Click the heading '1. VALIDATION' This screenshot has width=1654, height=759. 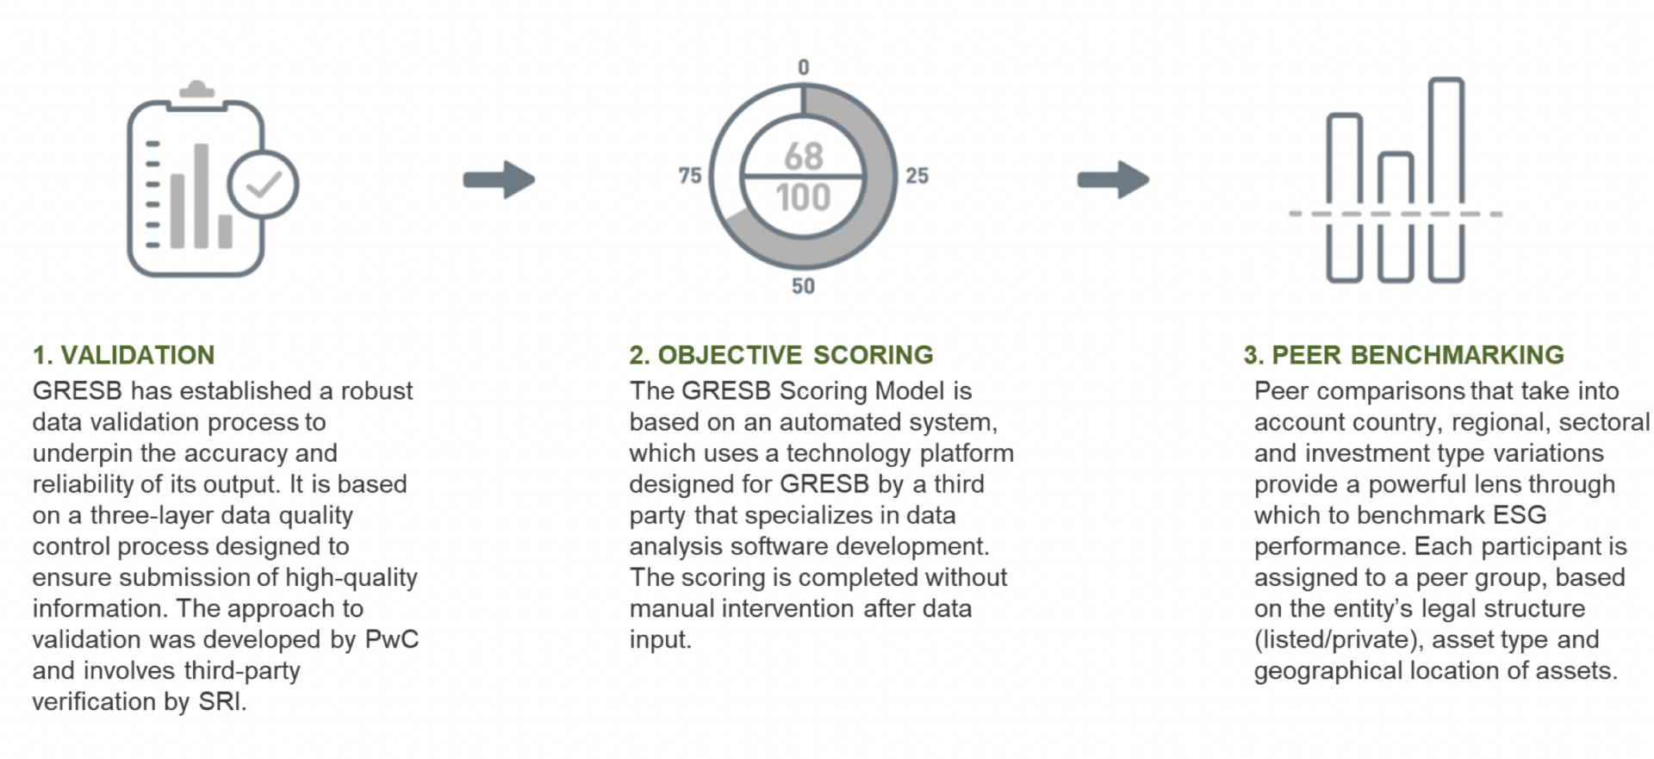tap(123, 355)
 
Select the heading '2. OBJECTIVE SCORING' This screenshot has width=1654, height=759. tap(780, 355)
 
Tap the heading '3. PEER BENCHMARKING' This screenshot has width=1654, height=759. tap(1403, 355)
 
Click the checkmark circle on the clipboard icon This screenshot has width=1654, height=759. tap(264, 184)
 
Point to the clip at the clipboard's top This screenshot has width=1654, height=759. tap(196, 90)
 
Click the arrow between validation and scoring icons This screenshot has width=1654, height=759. tap(499, 179)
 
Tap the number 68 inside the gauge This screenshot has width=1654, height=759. tap(803, 156)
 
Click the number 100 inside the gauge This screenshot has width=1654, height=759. tap(803, 197)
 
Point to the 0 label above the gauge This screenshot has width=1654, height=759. tap(803, 67)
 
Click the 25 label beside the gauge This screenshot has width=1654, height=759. tap(917, 176)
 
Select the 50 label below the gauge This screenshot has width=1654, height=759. tap(803, 286)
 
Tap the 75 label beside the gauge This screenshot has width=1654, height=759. tap(689, 176)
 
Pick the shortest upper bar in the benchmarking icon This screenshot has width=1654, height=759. tap(1396, 179)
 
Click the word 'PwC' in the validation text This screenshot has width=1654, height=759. tap(392, 639)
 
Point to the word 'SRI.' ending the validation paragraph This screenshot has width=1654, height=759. tap(222, 701)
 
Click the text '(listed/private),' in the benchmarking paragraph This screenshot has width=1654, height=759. tap(1336, 639)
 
